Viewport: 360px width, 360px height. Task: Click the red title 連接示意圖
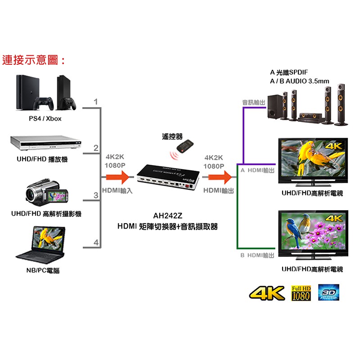[x=34, y=60]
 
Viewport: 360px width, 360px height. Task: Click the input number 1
[x=95, y=102]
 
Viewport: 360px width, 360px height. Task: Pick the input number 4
[x=96, y=243]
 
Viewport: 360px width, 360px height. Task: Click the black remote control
[x=185, y=146]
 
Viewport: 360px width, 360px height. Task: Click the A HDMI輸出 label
[x=257, y=171]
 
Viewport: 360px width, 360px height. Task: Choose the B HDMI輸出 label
[x=257, y=255]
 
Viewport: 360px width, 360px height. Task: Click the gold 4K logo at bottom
[x=267, y=293]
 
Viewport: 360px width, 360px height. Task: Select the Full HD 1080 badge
[x=301, y=292]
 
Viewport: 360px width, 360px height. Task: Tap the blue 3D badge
[x=328, y=292]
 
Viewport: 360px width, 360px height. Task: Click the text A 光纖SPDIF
[x=289, y=72]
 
